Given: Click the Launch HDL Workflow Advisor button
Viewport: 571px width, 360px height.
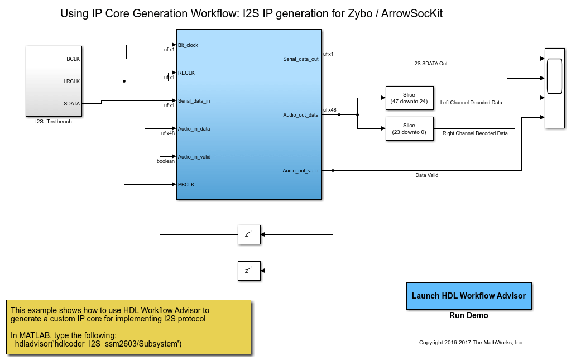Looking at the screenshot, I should pyautogui.click(x=469, y=296).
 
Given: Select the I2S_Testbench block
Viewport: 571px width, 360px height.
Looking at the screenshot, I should pyautogui.click(x=54, y=80).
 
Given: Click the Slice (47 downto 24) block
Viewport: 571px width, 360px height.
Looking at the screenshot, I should pyautogui.click(x=409, y=98).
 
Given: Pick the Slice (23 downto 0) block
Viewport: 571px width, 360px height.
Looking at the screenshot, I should pyautogui.click(x=409, y=128).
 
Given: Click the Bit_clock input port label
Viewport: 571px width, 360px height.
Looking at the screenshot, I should pyautogui.click(x=188, y=45).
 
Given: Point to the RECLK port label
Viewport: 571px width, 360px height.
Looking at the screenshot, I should pyautogui.click(x=186, y=73).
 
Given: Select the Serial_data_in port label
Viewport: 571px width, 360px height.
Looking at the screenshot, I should pyautogui.click(x=194, y=101).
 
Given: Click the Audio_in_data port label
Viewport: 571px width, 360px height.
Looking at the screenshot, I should pyautogui.click(x=194, y=129).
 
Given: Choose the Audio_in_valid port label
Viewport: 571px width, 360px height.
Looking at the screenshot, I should pyautogui.click(x=194, y=157).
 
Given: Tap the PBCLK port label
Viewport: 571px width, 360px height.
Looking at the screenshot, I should pyautogui.click(x=186, y=184).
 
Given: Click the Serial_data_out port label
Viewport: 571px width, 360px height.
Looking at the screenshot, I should pyautogui.click(x=301, y=59).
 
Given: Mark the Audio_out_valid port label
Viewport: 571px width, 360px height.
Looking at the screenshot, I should pyautogui.click(x=300, y=171).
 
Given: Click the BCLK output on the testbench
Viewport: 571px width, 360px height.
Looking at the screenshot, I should pyautogui.click(x=73, y=59).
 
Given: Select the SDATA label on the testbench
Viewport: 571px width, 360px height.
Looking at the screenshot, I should pyautogui.click(x=72, y=103).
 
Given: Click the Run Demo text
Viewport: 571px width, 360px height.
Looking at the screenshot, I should pyautogui.click(x=469, y=315).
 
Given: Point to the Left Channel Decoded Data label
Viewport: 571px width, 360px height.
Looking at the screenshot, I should pyautogui.click(x=471, y=103).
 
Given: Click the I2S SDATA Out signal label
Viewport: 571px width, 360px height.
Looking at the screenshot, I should pyautogui.click(x=430, y=64).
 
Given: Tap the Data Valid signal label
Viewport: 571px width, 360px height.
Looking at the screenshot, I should pyautogui.click(x=426, y=175).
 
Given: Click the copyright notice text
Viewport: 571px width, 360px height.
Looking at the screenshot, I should pyautogui.click(x=471, y=343).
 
